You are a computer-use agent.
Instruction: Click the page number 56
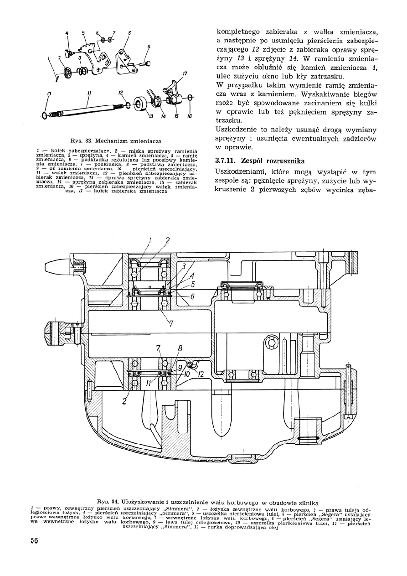[31, 541]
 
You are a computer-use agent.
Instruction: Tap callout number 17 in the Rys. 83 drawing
[185, 73]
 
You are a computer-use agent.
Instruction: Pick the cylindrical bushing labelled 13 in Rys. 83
[142, 103]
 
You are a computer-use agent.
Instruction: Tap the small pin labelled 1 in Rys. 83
[57, 76]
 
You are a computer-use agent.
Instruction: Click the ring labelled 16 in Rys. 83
[190, 97]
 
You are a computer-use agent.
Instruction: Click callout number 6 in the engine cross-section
[192, 296]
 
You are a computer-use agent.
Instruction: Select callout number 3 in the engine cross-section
[183, 266]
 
